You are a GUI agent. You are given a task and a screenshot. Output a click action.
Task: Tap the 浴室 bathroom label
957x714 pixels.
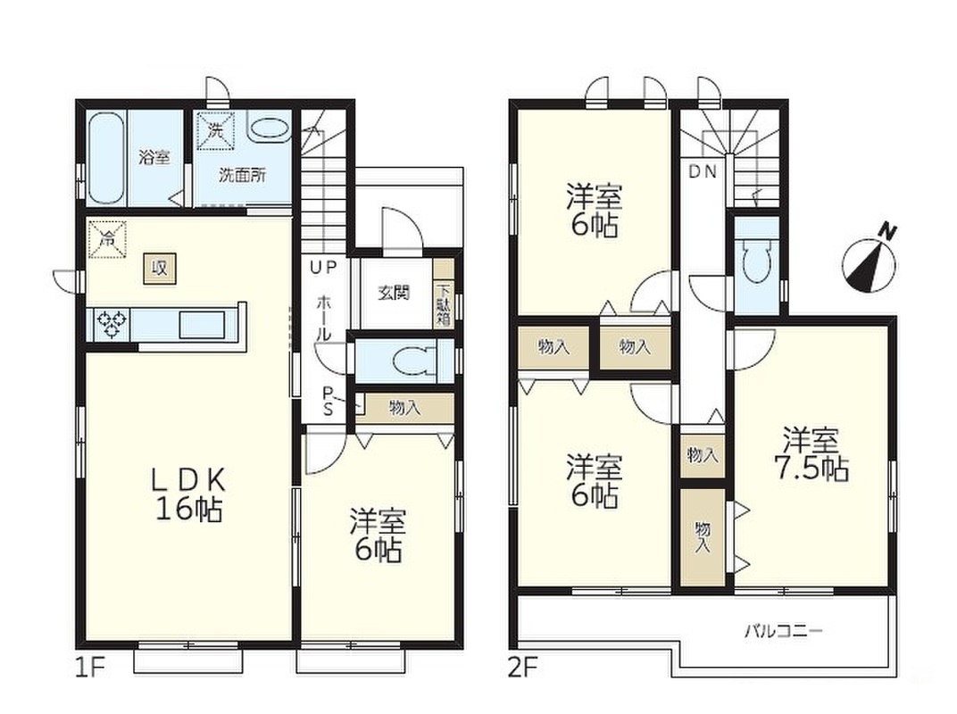[x=154, y=157]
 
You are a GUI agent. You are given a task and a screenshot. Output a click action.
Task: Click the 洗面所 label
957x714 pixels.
[x=242, y=175]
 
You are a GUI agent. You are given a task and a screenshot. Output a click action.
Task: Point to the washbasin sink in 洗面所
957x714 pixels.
[x=268, y=129]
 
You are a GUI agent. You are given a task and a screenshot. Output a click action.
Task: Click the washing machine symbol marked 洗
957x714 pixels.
[x=214, y=129]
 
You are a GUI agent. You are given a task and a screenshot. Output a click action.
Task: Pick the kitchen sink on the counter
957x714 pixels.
[x=202, y=324]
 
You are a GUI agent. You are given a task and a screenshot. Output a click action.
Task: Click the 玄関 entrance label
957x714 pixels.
[x=394, y=293]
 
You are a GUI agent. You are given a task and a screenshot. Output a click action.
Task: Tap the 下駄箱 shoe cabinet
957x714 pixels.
[x=444, y=303]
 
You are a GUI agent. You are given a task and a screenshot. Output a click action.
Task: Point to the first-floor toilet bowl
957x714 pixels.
[x=415, y=361]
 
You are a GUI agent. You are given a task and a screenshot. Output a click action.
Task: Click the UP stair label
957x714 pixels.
[x=323, y=267]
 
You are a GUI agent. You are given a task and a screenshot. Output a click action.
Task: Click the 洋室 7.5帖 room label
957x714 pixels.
[x=811, y=454]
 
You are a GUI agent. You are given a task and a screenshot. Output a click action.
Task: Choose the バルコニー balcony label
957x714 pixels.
[x=783, y=630]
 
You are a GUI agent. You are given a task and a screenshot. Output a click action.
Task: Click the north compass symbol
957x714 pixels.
[x=870, y=263]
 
